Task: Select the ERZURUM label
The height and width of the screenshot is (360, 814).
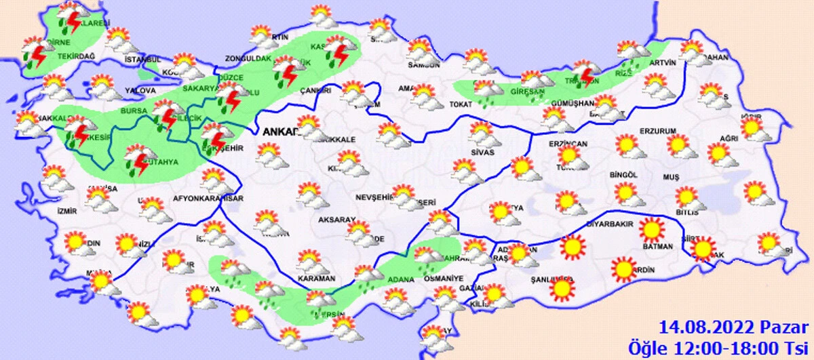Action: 658,131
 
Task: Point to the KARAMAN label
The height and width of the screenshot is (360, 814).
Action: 316,279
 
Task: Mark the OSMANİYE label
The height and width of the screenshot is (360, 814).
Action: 444,278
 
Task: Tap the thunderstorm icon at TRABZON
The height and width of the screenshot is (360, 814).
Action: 583,73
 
